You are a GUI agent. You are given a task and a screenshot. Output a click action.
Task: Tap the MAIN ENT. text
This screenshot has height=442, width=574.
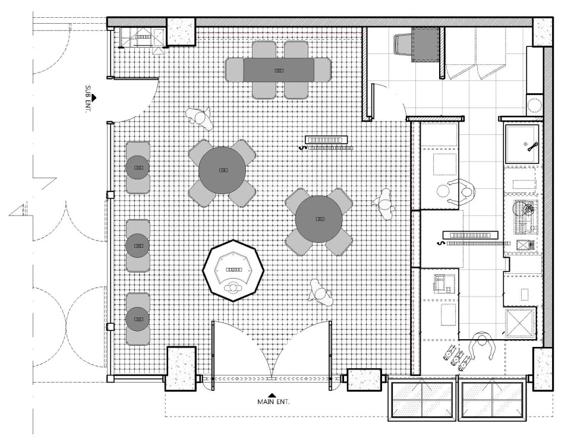tap(273, 402)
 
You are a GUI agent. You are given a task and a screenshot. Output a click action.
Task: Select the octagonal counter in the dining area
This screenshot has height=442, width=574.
tap(233, 270)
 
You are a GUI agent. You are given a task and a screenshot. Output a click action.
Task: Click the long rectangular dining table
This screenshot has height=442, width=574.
tap(278, 70)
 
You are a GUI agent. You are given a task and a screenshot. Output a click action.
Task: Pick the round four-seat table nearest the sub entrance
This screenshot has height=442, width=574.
tap(222, 171)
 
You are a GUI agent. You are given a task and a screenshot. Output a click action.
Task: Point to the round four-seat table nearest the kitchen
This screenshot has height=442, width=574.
tap(318, 219)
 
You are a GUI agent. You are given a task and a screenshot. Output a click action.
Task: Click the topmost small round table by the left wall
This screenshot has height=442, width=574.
tap(138, 168)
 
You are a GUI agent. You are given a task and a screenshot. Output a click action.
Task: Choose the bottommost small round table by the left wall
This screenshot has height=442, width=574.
tap(138, 319)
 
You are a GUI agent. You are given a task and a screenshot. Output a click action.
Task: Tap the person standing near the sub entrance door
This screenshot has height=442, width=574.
tap(201, 118)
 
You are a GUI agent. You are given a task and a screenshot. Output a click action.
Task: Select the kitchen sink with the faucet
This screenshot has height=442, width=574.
tap(522, 144)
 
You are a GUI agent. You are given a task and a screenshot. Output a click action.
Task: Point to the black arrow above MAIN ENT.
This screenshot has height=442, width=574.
tap(272, 394)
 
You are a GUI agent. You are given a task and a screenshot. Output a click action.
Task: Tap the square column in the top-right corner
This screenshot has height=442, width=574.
tap(542, 31)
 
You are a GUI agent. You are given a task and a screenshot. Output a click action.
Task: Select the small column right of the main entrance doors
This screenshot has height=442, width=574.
tap(363, 379)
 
